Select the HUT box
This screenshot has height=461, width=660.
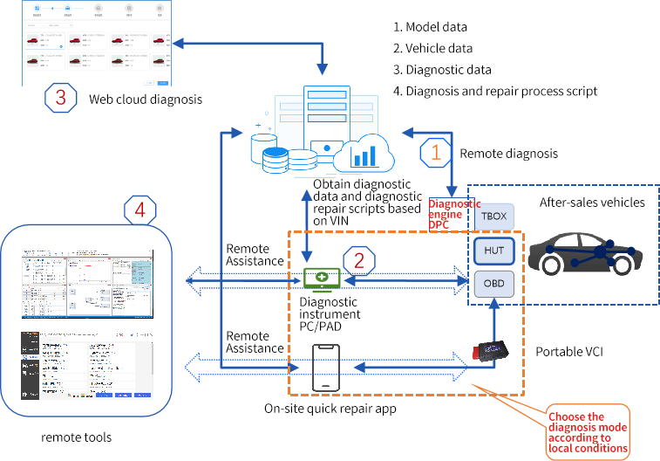coord(493,251)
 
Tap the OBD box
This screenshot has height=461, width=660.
coord(493,283)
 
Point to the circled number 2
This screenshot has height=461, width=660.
coord(359,259)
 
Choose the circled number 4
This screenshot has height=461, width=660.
coord(140,210)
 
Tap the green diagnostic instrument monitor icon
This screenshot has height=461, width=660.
coord(323,279)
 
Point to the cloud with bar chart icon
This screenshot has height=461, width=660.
coord(363,155)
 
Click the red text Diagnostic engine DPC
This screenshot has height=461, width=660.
coord(454,213)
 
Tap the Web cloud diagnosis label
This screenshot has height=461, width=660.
coord(146,100)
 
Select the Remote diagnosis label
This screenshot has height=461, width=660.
coord(508,154)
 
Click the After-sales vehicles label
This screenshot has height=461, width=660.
coord(592,203)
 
